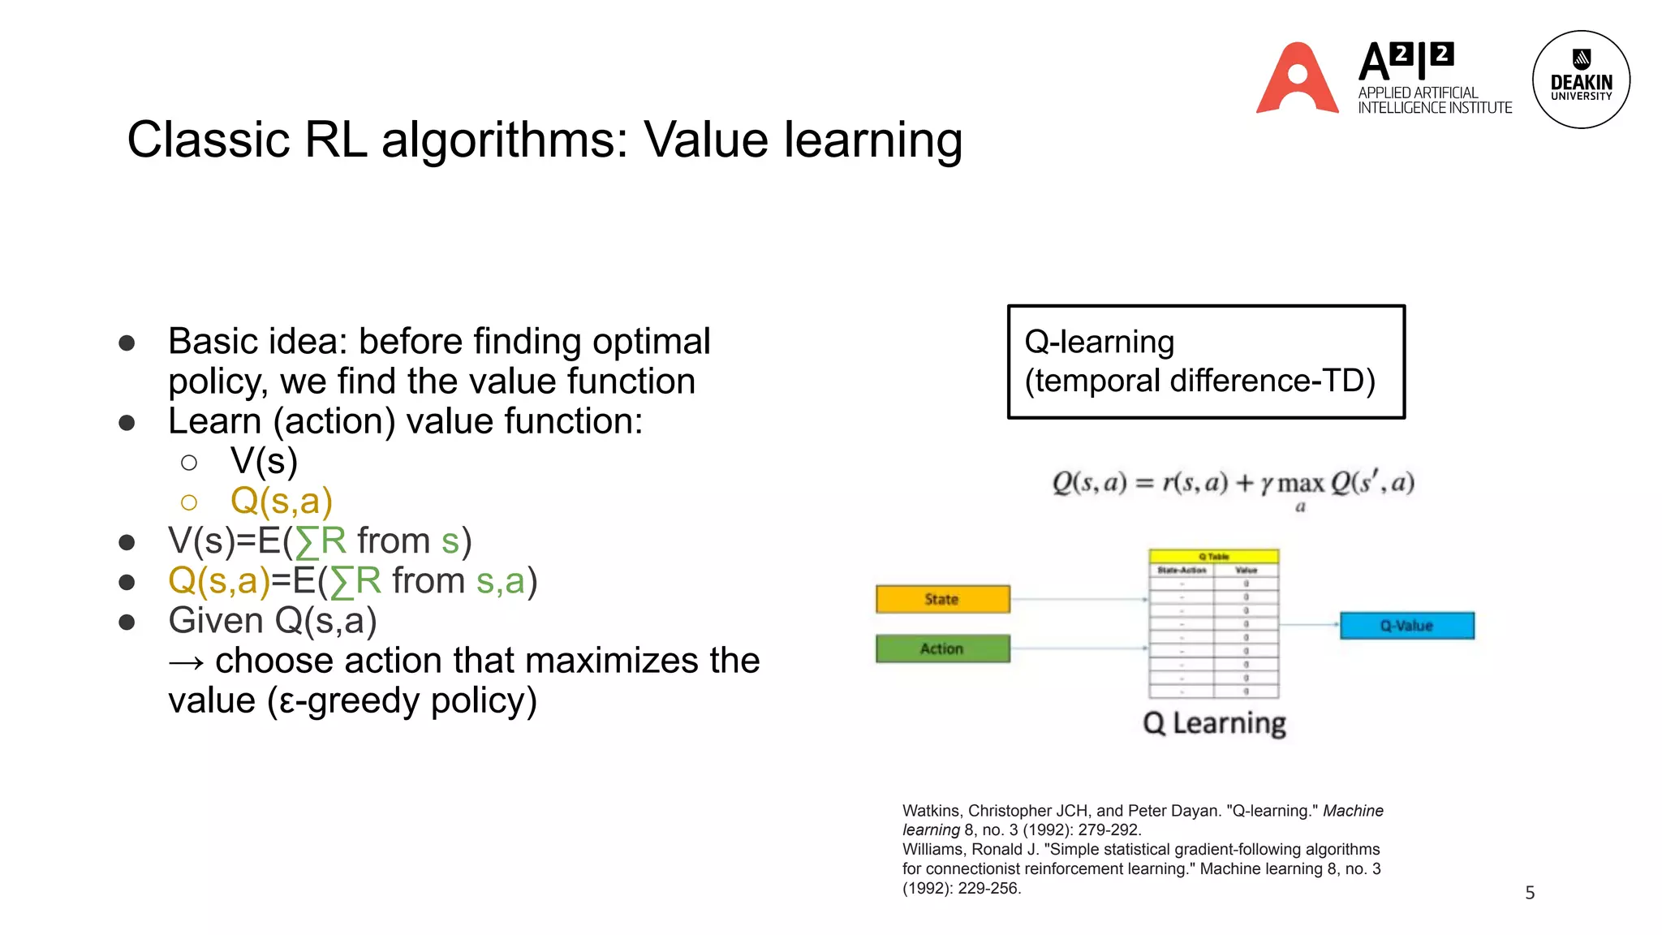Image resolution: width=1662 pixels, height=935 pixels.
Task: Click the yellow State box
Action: [x=942, y=599]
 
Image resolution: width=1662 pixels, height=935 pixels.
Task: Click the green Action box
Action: [x=942, y=648]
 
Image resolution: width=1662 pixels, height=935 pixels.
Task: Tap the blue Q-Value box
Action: [x=1406, y=626]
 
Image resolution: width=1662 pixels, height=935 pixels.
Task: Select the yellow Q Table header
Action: [x=1213, y=557]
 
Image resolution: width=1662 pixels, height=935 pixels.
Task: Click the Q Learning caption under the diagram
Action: [x=1214, y=723]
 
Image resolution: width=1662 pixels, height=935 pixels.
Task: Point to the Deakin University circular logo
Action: [x=1581, y=80]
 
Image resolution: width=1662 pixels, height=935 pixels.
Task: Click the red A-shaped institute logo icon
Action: [x=1297, y=80]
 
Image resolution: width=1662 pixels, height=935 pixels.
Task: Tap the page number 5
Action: [x=1530, y=893]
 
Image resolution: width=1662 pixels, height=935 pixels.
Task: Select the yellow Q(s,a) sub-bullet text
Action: [x=282, y=501]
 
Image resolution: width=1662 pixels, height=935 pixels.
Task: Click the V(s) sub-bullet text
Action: [x=264, y=461]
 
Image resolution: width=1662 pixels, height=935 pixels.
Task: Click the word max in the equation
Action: [x=1301, y=484]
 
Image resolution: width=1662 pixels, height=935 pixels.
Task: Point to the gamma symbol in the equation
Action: [x=1266, y=485]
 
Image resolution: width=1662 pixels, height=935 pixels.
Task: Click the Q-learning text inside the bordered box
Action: [x=1099, y=342]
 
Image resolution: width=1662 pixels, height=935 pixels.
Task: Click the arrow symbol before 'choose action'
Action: [x=187, y=662]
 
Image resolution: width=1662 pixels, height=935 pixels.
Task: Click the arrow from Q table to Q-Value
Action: [x=1308, y=624]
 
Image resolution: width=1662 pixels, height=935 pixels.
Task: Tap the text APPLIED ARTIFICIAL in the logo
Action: [x=1418, y=93]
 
